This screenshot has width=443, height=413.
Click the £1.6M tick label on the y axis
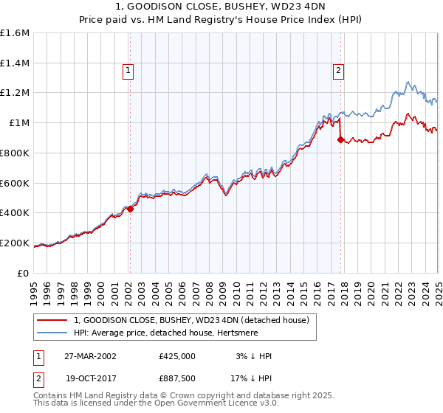[15, 33]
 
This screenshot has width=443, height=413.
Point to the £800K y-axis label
[15, 153]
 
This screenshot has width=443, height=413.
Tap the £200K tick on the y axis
[15, 243]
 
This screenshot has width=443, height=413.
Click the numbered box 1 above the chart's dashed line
[128, 71]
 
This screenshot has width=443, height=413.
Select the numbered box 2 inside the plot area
[338, 71]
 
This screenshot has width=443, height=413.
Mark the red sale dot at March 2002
[130, 209]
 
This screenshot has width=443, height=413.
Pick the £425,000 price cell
[176, 356]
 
